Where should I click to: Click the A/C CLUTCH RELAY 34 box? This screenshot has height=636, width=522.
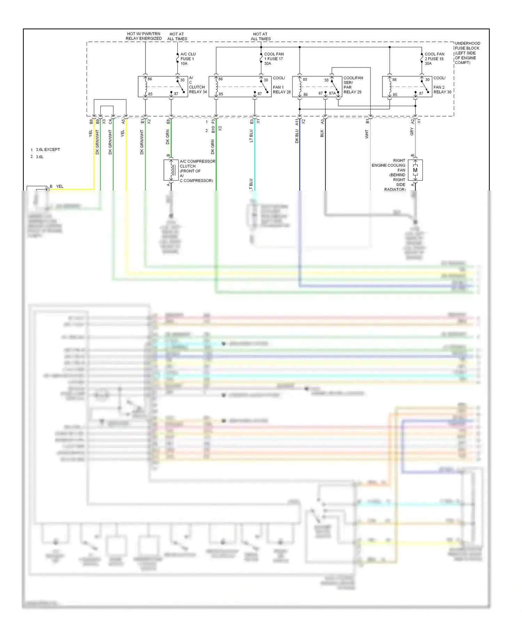[163, 87]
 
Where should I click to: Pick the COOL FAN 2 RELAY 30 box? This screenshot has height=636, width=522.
[407, 87]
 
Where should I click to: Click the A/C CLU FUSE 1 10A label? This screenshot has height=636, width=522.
[188, 59]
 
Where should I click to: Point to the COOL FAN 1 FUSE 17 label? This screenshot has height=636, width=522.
[274, 59]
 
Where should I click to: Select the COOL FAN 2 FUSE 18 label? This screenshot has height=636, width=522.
[434, 59]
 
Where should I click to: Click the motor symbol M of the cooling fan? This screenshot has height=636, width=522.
[415, 170]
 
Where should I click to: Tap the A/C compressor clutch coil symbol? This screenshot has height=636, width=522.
[171, 170]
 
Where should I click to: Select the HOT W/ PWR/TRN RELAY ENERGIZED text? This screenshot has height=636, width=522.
[143, 36]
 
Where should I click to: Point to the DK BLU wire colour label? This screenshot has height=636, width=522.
[297, 136]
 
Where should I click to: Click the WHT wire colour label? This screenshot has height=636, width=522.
[367, 134]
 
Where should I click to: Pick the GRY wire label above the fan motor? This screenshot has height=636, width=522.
[412, 132]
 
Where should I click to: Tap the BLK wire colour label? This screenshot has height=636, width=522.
[322, 134]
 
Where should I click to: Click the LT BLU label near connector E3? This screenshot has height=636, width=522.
[251, 136]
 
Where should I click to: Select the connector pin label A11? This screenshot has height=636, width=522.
[297, 122]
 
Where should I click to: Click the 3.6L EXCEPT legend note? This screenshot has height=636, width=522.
[48, 150]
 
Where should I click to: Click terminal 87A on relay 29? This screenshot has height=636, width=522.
[332, 93]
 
